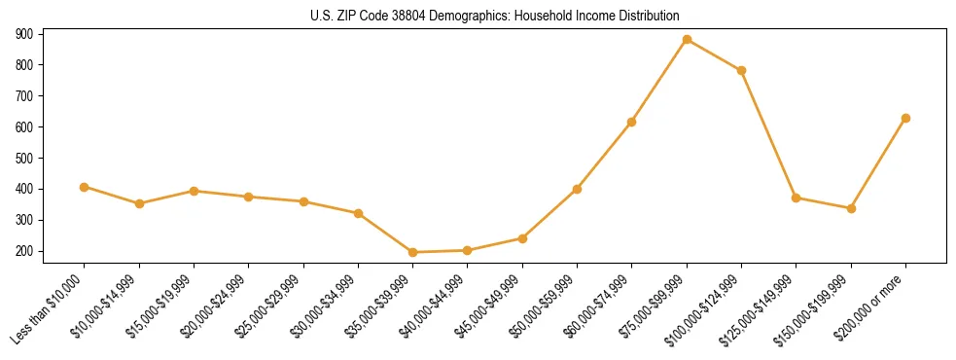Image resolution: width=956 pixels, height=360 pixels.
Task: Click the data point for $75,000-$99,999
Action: pos(687,40)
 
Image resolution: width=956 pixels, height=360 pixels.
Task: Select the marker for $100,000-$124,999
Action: pos(741,70)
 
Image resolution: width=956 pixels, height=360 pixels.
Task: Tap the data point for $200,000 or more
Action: pos(905,118)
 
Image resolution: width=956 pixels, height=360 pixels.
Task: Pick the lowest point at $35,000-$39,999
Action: pos(412,252)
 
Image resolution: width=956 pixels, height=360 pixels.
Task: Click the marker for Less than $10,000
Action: pos(85,187)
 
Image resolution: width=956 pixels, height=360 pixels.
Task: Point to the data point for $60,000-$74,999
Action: pos(631,122)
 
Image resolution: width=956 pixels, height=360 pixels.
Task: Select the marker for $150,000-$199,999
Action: pos(851,208)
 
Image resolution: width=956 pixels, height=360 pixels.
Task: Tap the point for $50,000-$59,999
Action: pos(577,189)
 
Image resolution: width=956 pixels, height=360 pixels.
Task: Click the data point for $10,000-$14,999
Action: pos(139,203)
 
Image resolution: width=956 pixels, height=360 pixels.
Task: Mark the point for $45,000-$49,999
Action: pos(522,238)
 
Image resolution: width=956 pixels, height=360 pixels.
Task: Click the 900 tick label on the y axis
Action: pos(24,34)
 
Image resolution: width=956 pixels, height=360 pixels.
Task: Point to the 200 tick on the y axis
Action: pos(24,251)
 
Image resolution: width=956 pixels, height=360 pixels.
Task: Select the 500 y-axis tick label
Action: pos(24,158)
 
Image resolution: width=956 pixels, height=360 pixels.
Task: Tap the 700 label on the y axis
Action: pos(24,95)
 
